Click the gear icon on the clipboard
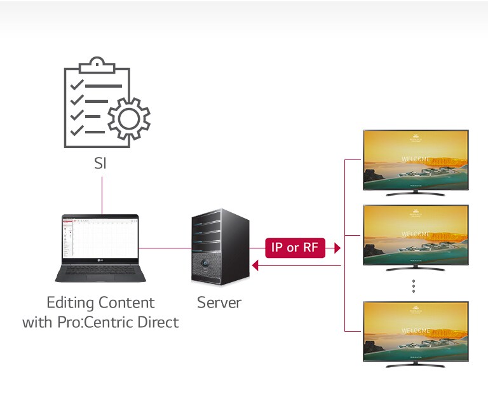129,119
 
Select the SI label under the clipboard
100,163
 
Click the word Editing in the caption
71,302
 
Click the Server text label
219,302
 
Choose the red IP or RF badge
294,248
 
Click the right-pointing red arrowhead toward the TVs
337,248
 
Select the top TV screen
415,159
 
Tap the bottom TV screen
415,331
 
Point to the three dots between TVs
414,286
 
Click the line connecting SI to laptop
101,194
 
